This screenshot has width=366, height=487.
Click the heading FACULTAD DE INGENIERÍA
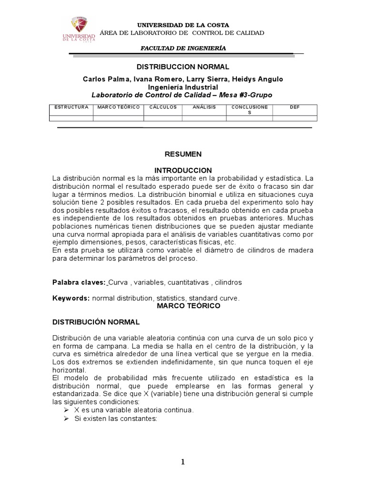point(183,49)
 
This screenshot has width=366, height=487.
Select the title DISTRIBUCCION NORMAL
point(183,67)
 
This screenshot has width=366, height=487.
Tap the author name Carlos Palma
point(103,79)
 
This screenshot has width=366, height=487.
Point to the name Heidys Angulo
point(263,79)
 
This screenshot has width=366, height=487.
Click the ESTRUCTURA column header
point(71,107)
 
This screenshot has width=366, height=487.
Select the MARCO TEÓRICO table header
point(118,107)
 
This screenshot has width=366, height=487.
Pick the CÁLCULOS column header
point(163,107)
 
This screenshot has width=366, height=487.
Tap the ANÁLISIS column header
point(204,107)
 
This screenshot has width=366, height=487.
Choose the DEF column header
point(295,107)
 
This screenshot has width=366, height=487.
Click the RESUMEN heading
point(183,154)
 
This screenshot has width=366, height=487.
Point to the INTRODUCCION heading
point(183,170)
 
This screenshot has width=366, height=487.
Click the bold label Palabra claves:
point(79,282)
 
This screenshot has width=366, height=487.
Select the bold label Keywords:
point(71,298)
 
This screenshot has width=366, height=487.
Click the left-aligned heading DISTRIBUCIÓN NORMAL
point(95,322)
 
